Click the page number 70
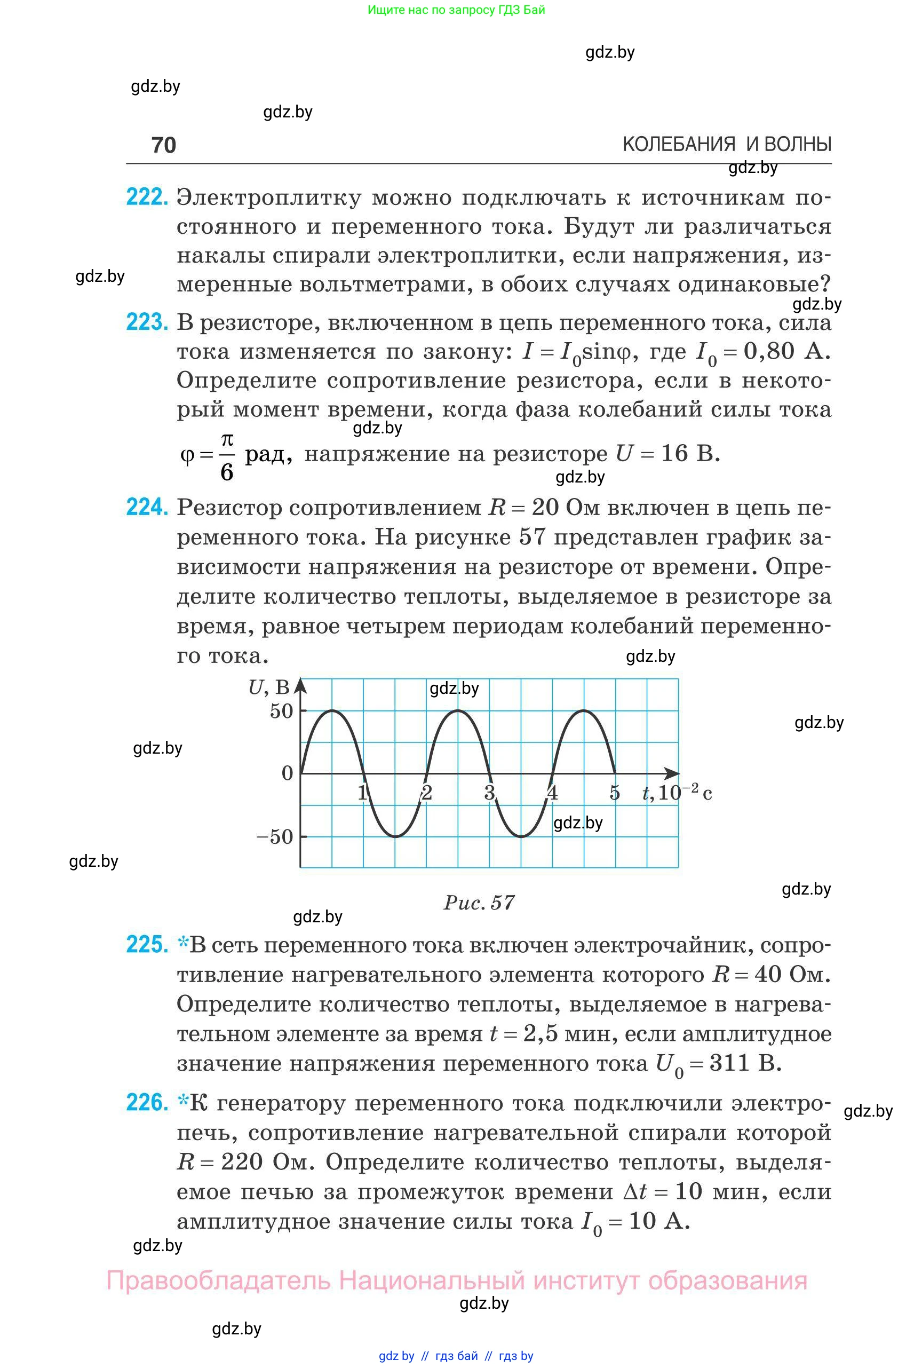[x=163, y=145]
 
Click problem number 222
[x=146, y=197]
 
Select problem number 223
[x=146, y=322]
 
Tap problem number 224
[x=146, y=507]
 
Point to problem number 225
[x=146, y=944]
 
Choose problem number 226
[x=146, y=1103]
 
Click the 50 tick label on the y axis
[x=281, y=711]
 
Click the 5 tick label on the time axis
[x=614, y=793]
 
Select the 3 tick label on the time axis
[x=489, y=793]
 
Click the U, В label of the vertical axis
[x=269, y=687]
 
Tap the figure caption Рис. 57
[x=479, y=903]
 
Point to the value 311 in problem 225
[x=729, y=1063]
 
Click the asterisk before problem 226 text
[x=183, y=1101]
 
